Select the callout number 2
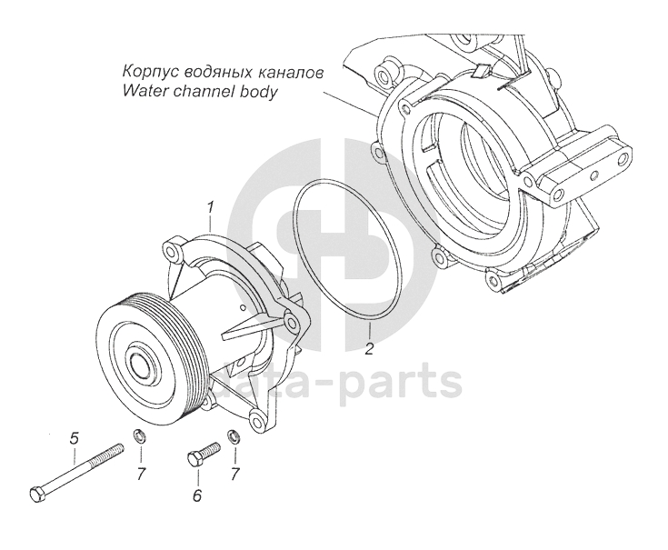(x=369, y=349)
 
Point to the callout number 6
(x=196, y=496)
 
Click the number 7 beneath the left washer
(x=141, y=475)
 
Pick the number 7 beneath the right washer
(x=234, y=475)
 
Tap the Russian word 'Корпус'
(x=145, y=71)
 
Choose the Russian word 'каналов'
(x=288, y=71)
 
